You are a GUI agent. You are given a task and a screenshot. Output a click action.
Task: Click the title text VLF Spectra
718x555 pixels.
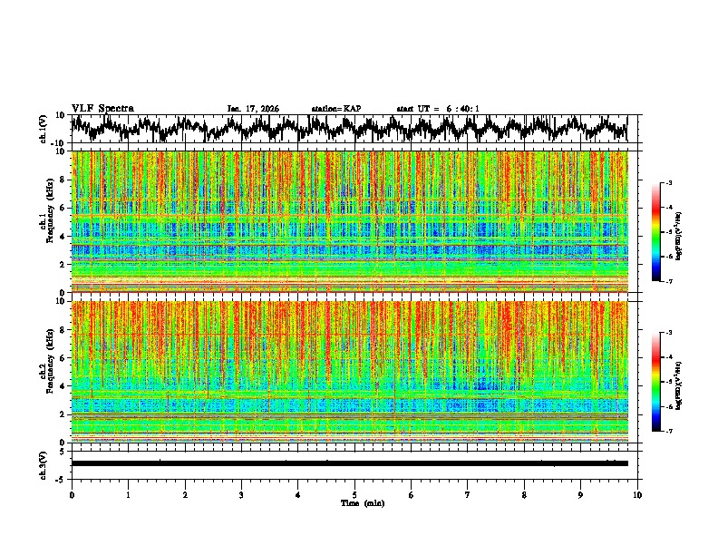(x=102, y=109)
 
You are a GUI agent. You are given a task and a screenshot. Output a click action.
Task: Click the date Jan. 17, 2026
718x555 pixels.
(x=253, y=109)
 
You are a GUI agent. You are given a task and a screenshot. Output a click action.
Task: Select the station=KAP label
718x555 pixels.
(x=335, y=109)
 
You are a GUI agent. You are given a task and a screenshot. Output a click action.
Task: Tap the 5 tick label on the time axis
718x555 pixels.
(x=354, y=494)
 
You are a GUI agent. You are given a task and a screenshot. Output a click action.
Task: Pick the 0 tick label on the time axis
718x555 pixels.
(x=72, y=494)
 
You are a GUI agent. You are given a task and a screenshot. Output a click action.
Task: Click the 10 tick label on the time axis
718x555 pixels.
(x=637, y=494)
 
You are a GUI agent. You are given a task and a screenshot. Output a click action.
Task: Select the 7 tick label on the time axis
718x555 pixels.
(x=468, y=494)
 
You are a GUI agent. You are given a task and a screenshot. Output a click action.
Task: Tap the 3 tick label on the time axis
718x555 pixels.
(x=241, y=494)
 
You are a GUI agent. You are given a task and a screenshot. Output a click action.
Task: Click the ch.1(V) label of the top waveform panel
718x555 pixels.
(x=44, y=129)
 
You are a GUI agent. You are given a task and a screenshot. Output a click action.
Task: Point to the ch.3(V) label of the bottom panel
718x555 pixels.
(x=44, y=463)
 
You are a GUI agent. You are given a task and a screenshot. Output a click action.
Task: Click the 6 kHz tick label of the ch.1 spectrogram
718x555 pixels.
(x=63, y=209)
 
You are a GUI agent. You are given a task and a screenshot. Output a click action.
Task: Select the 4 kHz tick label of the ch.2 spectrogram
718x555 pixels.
(x=63, y=386)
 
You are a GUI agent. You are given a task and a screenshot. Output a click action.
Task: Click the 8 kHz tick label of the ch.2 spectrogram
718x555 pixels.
(x=63, y=330)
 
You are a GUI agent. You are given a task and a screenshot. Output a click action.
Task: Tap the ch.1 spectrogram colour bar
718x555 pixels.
(x=655, y=232)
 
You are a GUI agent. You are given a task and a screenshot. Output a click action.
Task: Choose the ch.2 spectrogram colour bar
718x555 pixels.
(x=655, y=383)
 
